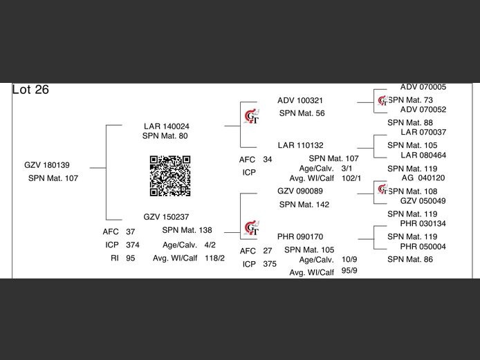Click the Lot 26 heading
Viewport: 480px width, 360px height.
(30, 90)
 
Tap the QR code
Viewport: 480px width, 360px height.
(170, 176)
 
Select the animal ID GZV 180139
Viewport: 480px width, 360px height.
(47, 165)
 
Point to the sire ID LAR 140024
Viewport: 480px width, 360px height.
(167, 126)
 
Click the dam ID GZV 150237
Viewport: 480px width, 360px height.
(166, 217)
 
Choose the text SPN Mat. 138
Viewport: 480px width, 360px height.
(187, 230)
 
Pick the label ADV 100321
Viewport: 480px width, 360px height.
(300, 100)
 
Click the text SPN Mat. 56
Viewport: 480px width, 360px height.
(302, 113)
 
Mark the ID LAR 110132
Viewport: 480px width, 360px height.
(301, 145)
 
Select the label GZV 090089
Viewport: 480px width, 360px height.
(300, 191)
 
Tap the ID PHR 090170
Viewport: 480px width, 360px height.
(300, 237)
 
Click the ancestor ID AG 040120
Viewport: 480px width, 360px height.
(423, 178)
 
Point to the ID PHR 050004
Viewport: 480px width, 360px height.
(423, 247)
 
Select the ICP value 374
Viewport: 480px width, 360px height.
(133, 245)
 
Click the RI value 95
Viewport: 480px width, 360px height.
(131, 258)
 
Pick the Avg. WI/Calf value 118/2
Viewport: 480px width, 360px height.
(214, 258)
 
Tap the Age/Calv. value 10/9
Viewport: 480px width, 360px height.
(349, 259)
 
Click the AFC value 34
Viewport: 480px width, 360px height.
(267, 160)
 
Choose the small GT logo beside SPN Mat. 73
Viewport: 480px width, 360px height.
(382, 101)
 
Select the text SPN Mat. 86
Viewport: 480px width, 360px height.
(410, 259)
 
